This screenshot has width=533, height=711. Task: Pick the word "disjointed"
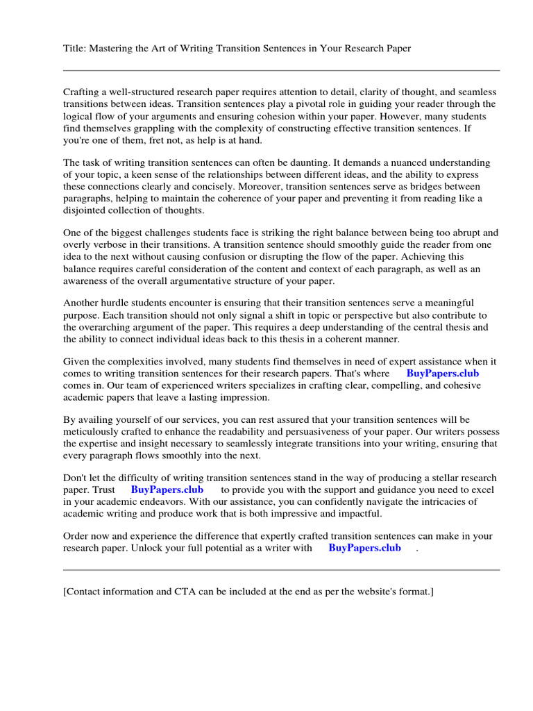[87, 210]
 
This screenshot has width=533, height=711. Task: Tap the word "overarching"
[108, 327]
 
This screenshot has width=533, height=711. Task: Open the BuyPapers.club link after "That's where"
[442, 374]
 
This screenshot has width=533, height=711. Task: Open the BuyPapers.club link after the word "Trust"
[167, 490]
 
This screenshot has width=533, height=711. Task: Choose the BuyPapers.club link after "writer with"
[364, 549]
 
